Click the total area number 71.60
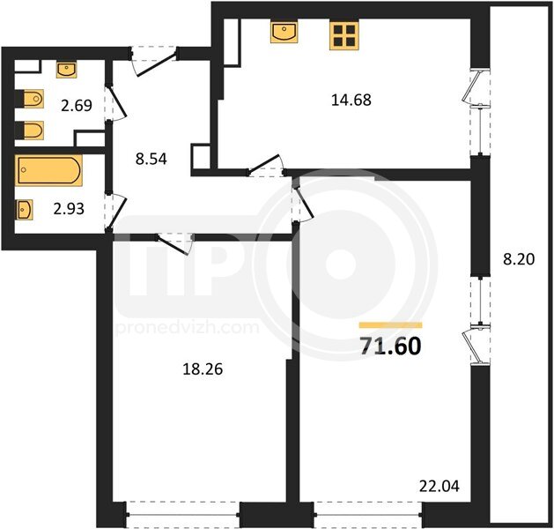coord(391,346)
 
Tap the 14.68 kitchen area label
coord(351,101)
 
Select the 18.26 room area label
coord(203,369)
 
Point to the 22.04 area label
coord(440,486)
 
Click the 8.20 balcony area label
coord(519,259)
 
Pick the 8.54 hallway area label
coord(151,159)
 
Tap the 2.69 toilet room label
coord(77,106)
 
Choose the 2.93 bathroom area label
coord(69,209)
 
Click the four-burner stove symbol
coord(344,35)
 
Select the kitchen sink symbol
coord(284,32)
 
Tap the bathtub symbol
coord(48,170)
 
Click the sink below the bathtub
coord(24,210)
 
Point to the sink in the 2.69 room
coord(66,70)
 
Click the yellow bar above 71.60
coord(391,325)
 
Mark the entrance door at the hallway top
coord(154,61)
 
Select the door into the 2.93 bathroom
coord(116,212)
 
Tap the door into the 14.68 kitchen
coord(266,166)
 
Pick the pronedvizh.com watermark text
coord(188,328)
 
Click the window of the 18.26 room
coord(183,515)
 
